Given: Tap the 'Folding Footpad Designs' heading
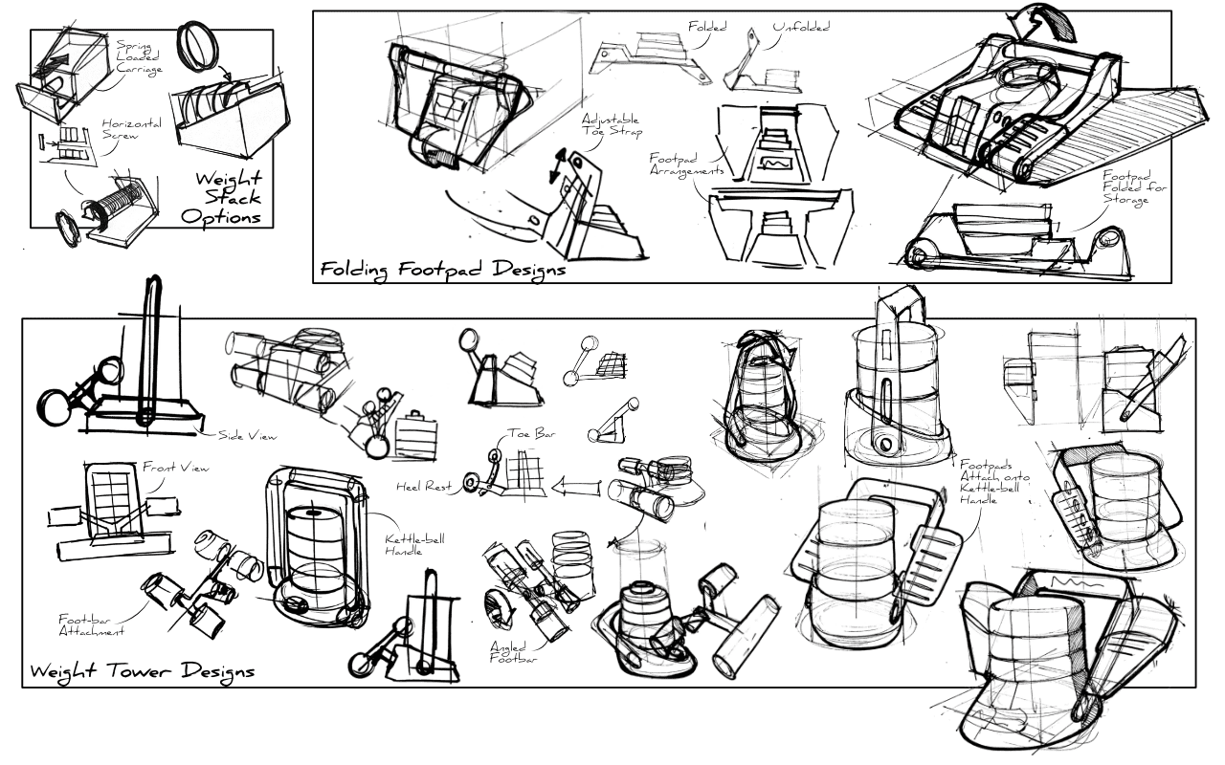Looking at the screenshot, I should point(442,269).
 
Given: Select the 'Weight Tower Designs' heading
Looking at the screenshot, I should point(142,671).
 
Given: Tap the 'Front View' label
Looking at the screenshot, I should point(174,468).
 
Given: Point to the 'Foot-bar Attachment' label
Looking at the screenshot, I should point(90,624).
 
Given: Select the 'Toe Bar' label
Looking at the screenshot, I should point(531,433).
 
